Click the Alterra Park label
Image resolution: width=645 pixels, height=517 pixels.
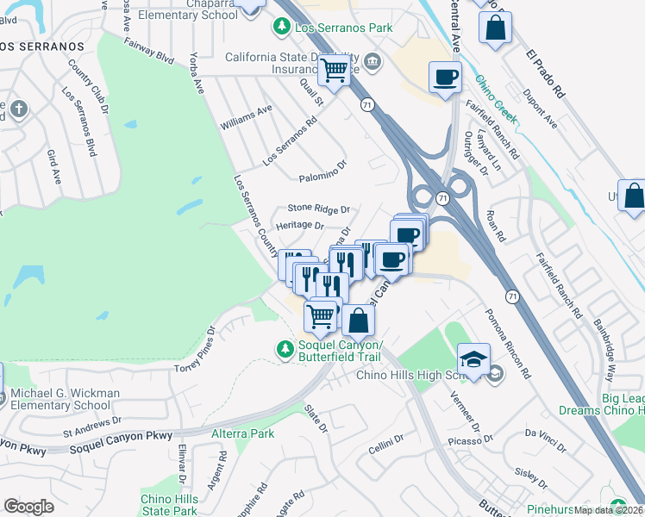coord(243,433)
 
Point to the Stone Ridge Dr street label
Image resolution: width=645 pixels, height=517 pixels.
coord(318,209)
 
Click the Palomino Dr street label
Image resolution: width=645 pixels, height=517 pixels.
coord(322,178)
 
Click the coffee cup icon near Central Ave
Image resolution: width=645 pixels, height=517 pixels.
coord(445,78)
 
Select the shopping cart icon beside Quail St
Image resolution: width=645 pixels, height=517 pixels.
coord(334,70)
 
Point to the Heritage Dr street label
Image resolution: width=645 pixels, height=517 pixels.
coord(299,226)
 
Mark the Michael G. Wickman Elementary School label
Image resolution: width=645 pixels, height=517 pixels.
coord(59,399)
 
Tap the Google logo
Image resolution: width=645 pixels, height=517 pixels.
coord(28,507)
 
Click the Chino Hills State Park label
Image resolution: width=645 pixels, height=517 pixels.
coord(169,506)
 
